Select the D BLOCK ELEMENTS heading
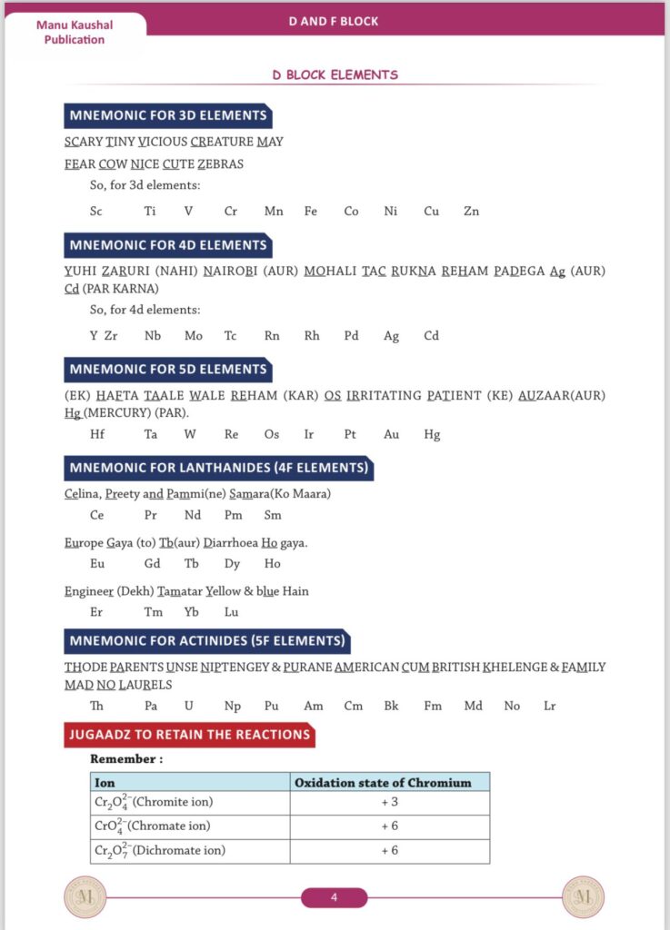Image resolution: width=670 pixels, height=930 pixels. (x=335, y=75)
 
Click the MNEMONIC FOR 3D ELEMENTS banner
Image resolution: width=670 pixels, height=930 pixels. (x=168, y=116)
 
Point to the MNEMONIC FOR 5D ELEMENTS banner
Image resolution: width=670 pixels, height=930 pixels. (x=168, y=370)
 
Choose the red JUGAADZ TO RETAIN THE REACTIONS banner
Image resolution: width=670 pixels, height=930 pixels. (x=190, y=735)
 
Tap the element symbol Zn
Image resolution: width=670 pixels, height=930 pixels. (x=471, y=212)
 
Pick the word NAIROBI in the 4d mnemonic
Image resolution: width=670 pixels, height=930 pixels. (x=234, y=271)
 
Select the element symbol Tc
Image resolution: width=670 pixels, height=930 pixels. (x=231, y=336)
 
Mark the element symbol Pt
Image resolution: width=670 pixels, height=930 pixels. (x=350, y=435)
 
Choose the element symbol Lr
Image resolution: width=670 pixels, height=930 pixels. (x=550, y=707)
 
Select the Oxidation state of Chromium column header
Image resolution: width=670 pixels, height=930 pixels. (x=390, y=782)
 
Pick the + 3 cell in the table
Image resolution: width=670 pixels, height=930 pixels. (x=390, y=803)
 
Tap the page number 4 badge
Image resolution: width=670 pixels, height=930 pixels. (x=334, y=898)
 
